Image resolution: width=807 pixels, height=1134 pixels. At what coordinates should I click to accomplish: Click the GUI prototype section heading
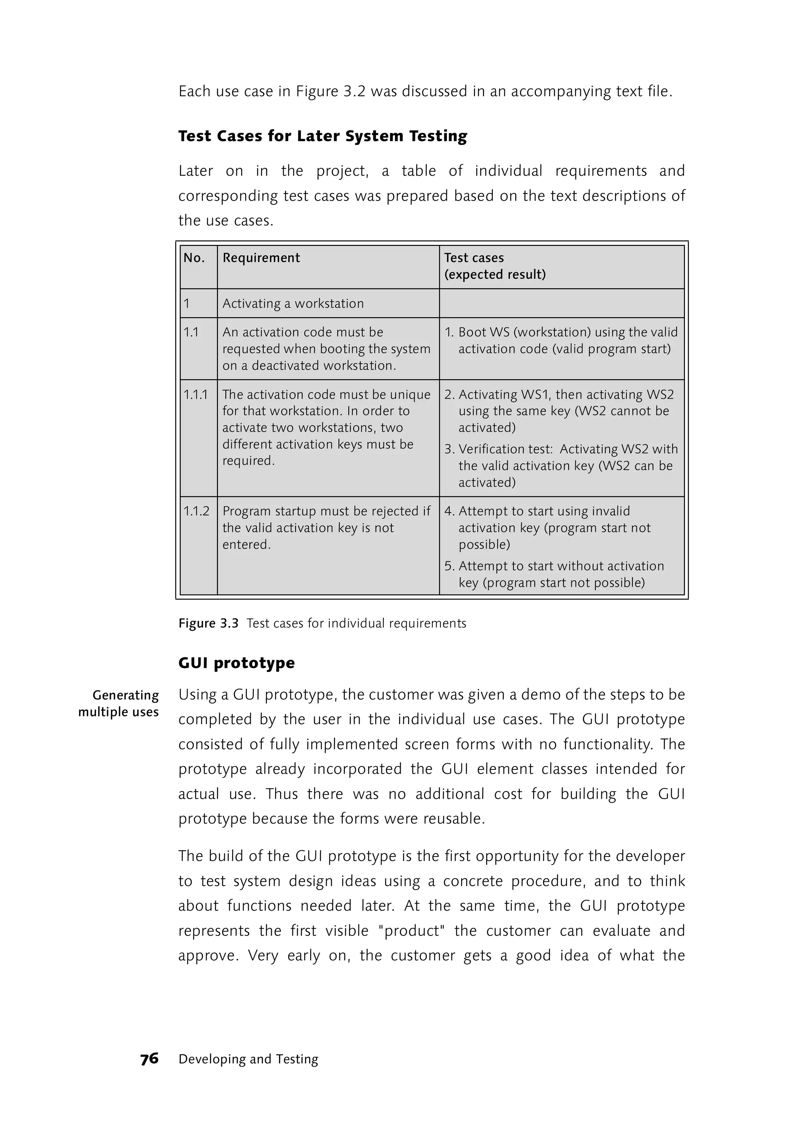tap(236, 662)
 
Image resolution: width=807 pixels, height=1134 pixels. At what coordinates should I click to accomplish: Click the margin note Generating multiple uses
tap(119, 703)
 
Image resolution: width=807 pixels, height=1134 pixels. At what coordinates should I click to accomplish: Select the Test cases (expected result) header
tap(495, 266)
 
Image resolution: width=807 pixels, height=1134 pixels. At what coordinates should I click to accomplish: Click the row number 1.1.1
tap(196, 394)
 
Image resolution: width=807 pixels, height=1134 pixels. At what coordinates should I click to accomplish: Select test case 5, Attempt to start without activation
tap(554, 574)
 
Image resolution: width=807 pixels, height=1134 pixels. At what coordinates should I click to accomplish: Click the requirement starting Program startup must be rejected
tap(326, 527)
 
